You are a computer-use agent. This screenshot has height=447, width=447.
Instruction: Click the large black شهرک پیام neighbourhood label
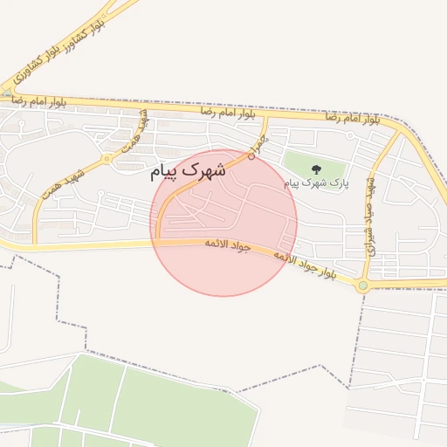tap(187, 169)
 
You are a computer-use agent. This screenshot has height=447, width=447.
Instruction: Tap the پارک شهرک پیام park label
tap(315, 183)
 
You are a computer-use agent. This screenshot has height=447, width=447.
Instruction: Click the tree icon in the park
tap(315, 169)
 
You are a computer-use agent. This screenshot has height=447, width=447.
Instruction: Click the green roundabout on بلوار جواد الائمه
tap(362, 285)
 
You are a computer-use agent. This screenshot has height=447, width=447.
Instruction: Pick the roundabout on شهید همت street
tap(107, 159)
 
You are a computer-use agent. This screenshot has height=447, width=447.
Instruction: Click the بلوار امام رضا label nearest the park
tap(352, 116)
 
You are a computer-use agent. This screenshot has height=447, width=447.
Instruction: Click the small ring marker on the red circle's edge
tap(251, 157)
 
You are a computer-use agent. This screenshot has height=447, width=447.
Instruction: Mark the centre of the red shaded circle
tap(223, 223)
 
